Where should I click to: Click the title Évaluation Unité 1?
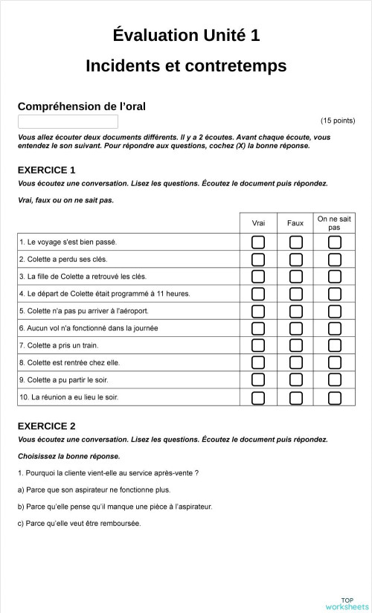click(x=186, y=35)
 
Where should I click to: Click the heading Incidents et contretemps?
click(x=186, y=65)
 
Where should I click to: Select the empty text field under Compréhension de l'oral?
click(x=68, y=121)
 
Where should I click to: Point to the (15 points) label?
click(x=337, y=121)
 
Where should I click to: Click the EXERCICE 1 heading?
click(x=46, y=170)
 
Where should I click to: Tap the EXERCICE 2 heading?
click(x=46, y=426)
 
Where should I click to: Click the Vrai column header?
click(x=258, y=223)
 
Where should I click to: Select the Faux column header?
click(x=295, y=223)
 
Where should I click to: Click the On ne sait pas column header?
click(x=334, y=223)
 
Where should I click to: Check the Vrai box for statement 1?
click(x=258, y=242)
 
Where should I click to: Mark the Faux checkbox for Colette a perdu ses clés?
click(x=295, y=259)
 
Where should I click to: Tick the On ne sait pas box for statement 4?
click(x=335, y=294)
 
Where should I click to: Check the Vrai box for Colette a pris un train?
click(x=258, y=345)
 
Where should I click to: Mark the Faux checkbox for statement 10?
click(x=295, y=397)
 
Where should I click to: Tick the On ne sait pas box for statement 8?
click(x=335, y=363)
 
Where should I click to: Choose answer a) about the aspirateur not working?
click(x=94, y=490)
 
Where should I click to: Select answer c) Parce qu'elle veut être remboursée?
click(x=79, y=523)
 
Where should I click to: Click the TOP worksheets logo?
click(x=347, y=604)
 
